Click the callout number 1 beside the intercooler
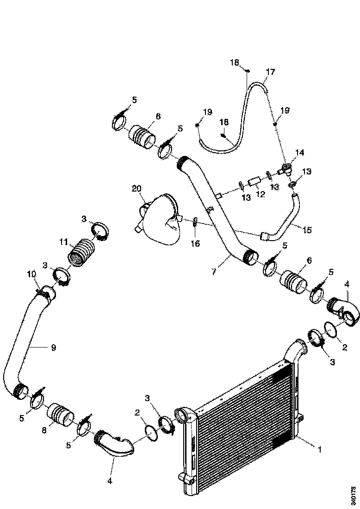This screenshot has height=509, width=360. (320, 450)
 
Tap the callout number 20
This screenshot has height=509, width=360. (137, 188)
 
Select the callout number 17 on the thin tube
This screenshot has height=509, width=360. (270, 71)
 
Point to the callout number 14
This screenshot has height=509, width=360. (300, 152)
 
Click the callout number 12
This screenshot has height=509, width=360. (261, 194)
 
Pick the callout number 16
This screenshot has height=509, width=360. (195, 243)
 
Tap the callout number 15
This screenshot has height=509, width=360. (307, 230)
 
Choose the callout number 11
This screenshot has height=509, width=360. (64, 242)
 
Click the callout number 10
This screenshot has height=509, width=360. (31, 274)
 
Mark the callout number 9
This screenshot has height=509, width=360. (54, 348)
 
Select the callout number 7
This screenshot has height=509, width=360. (214, 271)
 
